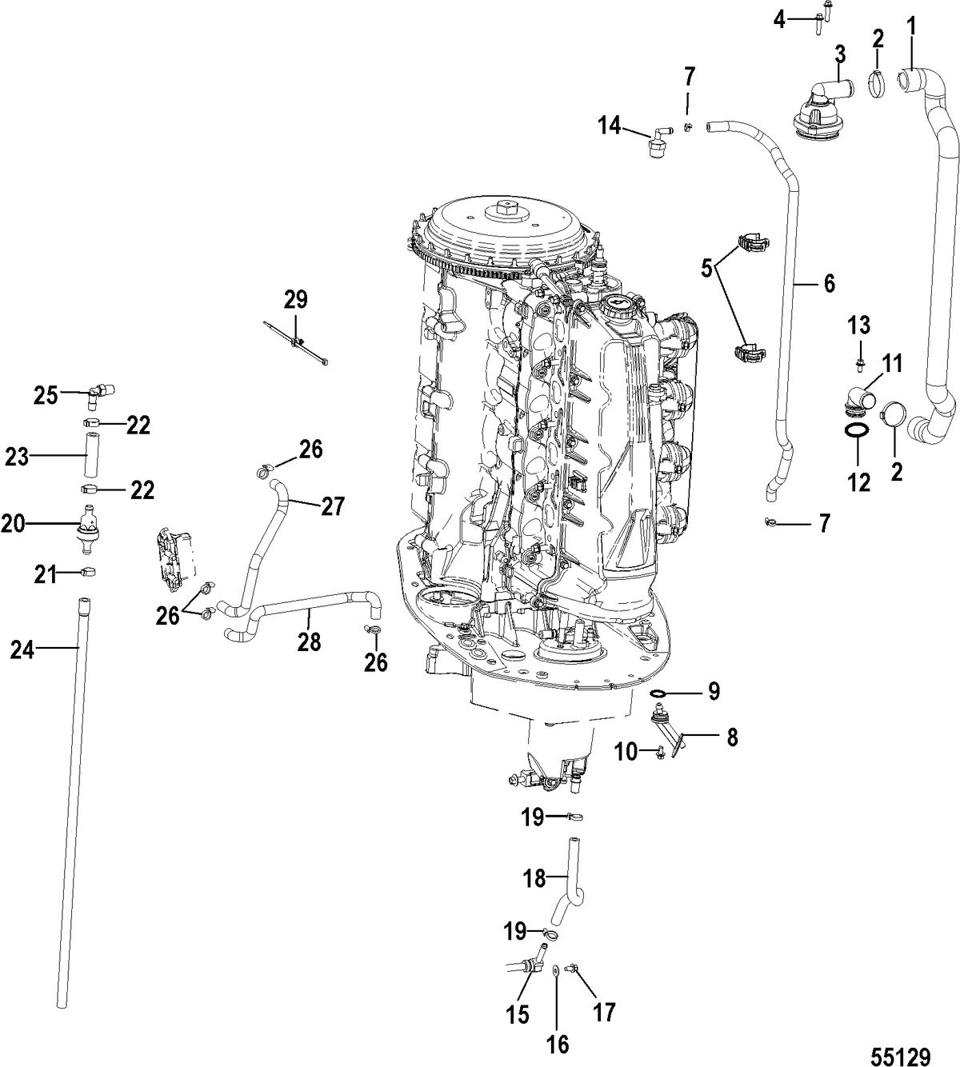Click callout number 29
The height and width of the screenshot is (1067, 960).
point(295,301)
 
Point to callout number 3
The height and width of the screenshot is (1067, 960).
point(841,54)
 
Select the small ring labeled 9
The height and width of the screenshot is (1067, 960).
point(658,693)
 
